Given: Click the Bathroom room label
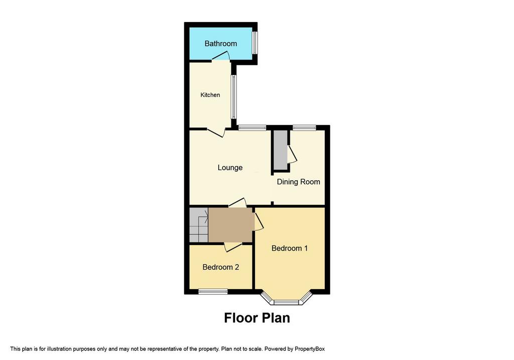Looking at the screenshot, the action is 221,44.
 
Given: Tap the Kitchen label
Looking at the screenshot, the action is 210,95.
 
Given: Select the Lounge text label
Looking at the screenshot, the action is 230,168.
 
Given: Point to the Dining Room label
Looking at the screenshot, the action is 298,182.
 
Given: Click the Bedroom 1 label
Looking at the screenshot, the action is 290,248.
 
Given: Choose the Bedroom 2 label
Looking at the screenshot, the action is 221,267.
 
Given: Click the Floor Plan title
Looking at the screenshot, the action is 257,318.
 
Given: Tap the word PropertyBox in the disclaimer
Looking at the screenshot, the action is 309,349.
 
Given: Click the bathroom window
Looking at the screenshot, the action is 254,43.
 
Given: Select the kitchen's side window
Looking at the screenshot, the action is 233,97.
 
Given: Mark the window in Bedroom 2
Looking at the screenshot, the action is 213,291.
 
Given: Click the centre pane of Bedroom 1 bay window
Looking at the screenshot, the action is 286,302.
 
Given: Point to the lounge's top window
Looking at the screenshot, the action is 252,128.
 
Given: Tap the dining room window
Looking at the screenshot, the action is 304,128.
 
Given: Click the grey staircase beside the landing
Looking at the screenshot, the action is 199,225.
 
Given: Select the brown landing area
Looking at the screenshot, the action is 230,225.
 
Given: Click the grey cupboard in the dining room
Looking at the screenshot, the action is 280,150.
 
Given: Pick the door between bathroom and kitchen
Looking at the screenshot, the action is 221,57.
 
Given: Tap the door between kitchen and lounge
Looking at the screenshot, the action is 216,132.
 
